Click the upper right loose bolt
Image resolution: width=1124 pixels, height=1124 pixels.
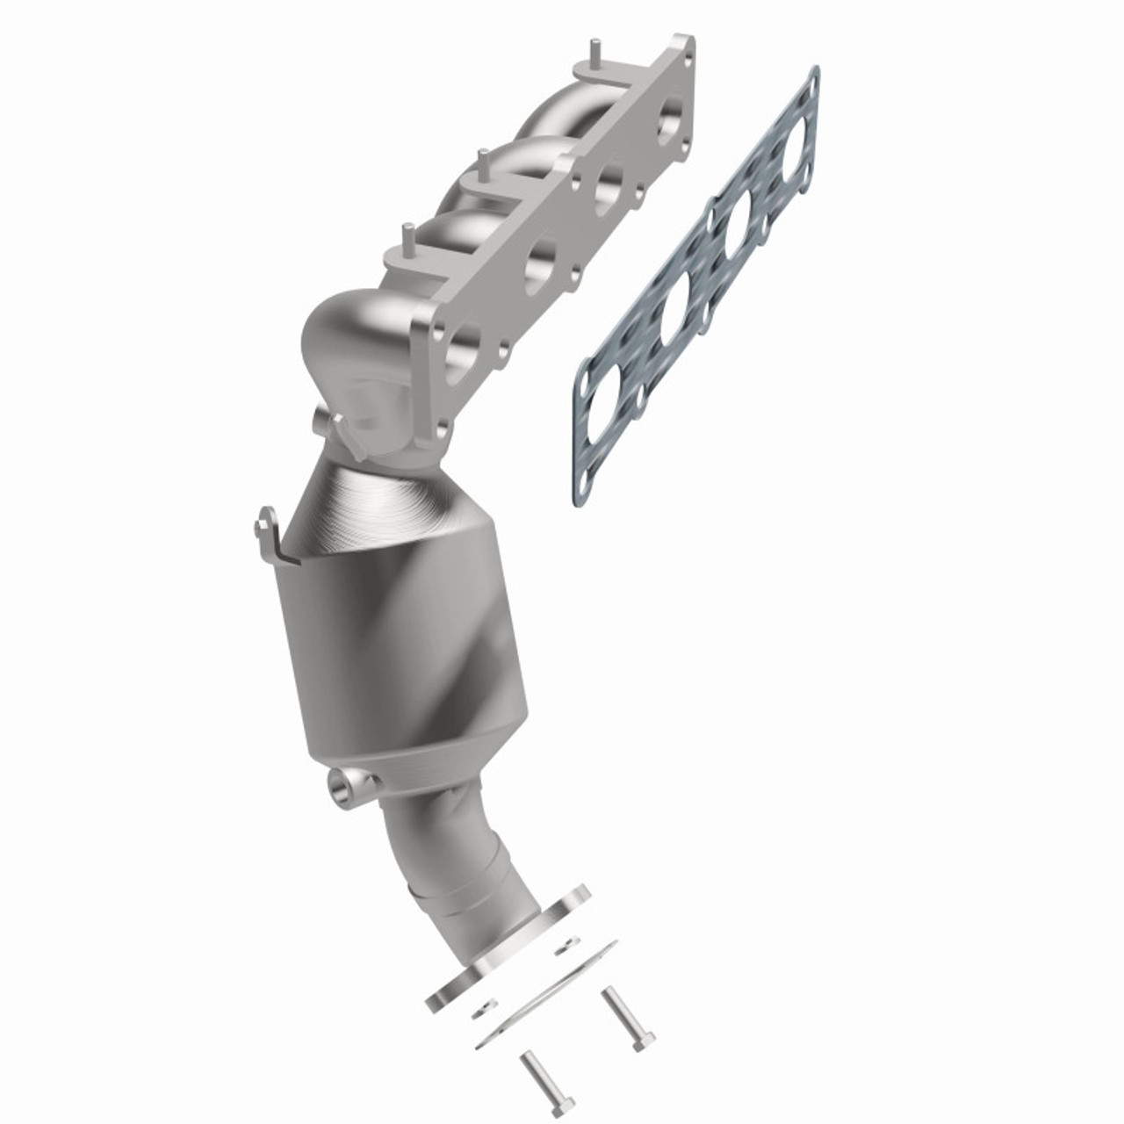click(x=624, y=1019)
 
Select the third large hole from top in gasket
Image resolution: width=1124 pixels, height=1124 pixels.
click(x=676, y=307)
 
